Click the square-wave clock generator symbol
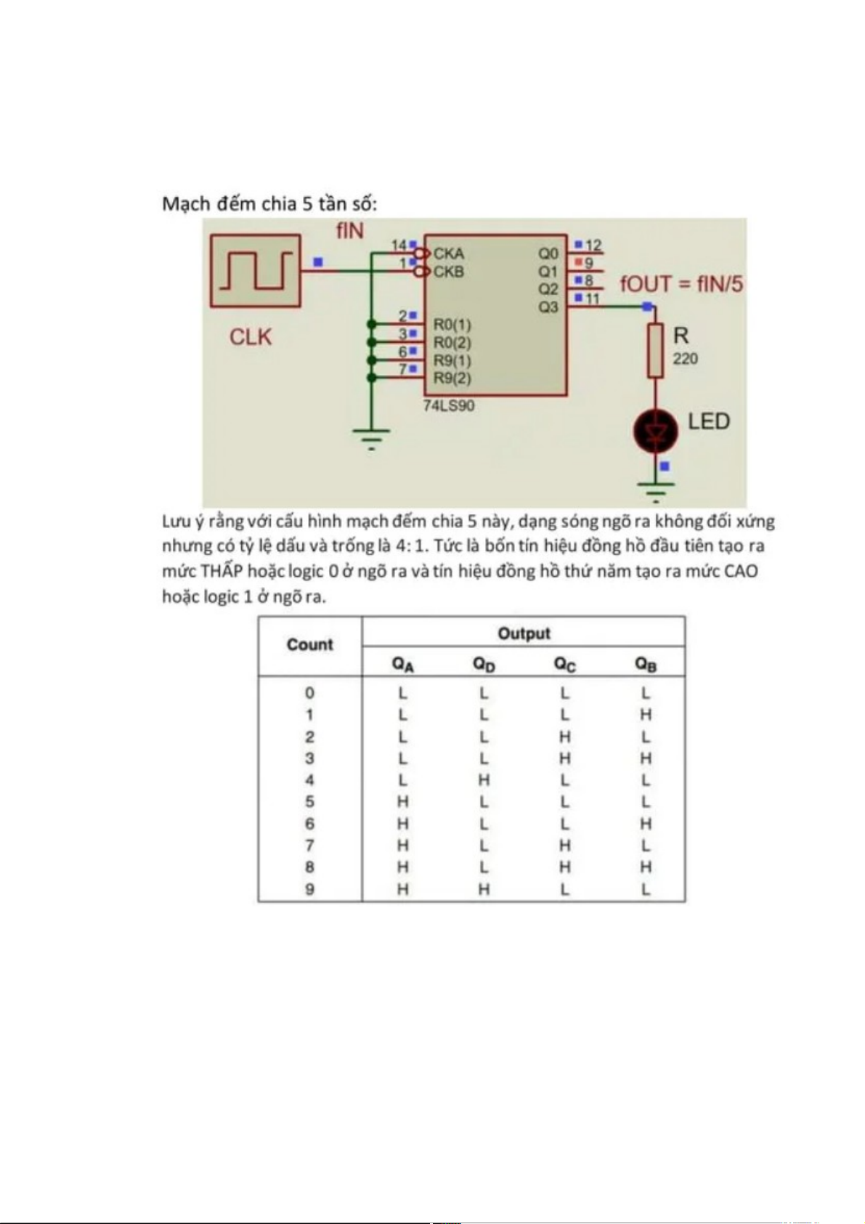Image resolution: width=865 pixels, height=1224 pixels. click(x=255, y=271)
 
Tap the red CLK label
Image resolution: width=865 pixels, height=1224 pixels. click(x=251, y=337)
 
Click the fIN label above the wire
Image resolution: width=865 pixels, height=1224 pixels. click(x=349, y=231)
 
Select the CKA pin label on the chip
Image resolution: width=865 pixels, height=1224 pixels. click(x=449, y=254)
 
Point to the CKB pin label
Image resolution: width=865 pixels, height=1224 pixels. click(x=449, y=272)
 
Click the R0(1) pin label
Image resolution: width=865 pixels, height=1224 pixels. click(x=452, y=324)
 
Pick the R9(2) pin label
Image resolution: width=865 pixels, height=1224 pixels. click(x=452, y=378)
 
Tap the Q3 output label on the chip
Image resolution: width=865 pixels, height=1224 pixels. click(x=548, y=307)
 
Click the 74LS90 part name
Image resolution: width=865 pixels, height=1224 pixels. click(x=449, y=405)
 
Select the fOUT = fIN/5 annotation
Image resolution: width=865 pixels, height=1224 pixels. click(x=681, y=284)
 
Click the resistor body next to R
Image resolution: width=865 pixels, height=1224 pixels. click(x=655, y=351)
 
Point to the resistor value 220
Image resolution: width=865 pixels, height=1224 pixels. click(x=685, y=359)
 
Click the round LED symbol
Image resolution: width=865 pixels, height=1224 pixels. click(x=655, y=431)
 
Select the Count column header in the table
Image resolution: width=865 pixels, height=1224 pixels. click(x=309, y=645)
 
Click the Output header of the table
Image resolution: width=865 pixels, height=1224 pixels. click(x=524, y=633)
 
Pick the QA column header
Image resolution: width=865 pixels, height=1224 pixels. click(x=403, y=664)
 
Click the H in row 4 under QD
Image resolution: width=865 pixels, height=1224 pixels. click(x=484, y=780)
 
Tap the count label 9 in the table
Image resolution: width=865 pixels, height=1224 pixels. click(x=309, y=889)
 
